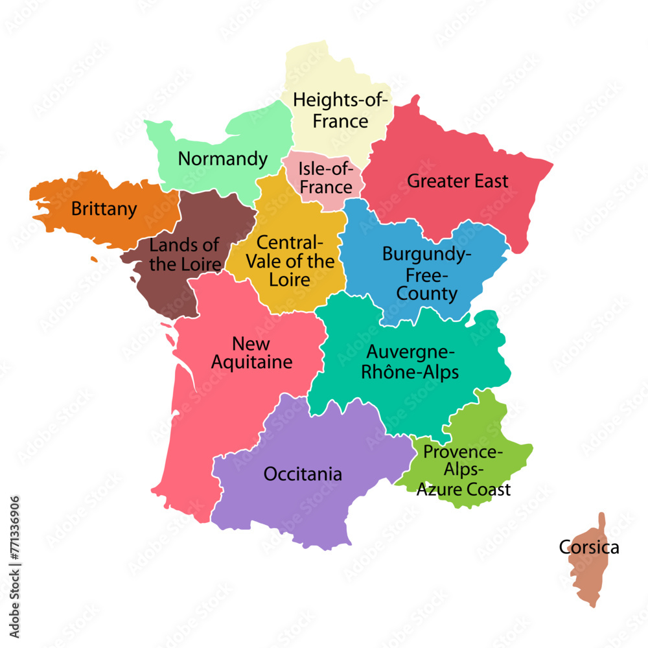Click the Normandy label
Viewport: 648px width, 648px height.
point(222,159)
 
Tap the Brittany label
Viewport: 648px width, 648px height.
point(104,209)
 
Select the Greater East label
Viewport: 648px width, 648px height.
point(457,181)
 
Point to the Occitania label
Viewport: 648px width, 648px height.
point(303,474)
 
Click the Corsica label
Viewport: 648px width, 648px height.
point(589,548)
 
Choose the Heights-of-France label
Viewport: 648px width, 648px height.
point(340,110)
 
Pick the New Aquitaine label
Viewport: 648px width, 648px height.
point(251,353)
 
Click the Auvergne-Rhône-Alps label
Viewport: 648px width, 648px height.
point(411,362)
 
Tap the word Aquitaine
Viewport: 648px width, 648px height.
point(251,362)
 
